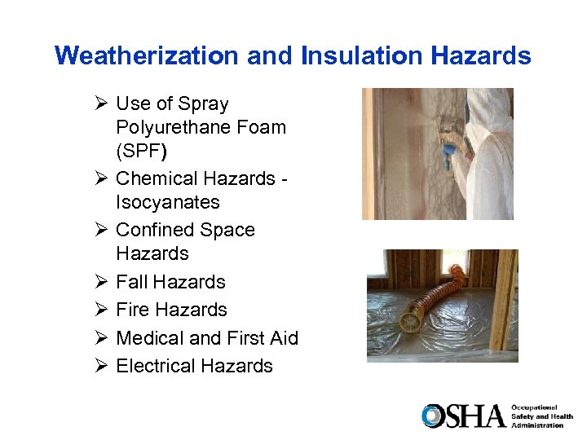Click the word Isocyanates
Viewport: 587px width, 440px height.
pyautogui.click(x=168, y=202)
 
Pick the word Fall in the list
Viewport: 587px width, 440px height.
pyautogui.click(x=132, y=282)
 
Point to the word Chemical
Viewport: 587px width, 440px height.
pyautogui.click(x=153, y=178)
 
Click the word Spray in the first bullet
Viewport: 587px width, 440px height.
pyautogui.click(x=204, y=103)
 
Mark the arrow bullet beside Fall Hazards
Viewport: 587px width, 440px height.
pyautogui.click(x=100, y=282)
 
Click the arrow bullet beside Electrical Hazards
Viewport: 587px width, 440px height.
pyautogui.click(x=100, y=366)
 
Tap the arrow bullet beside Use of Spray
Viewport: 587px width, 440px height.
pyautogui.click(x=100, y=103)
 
